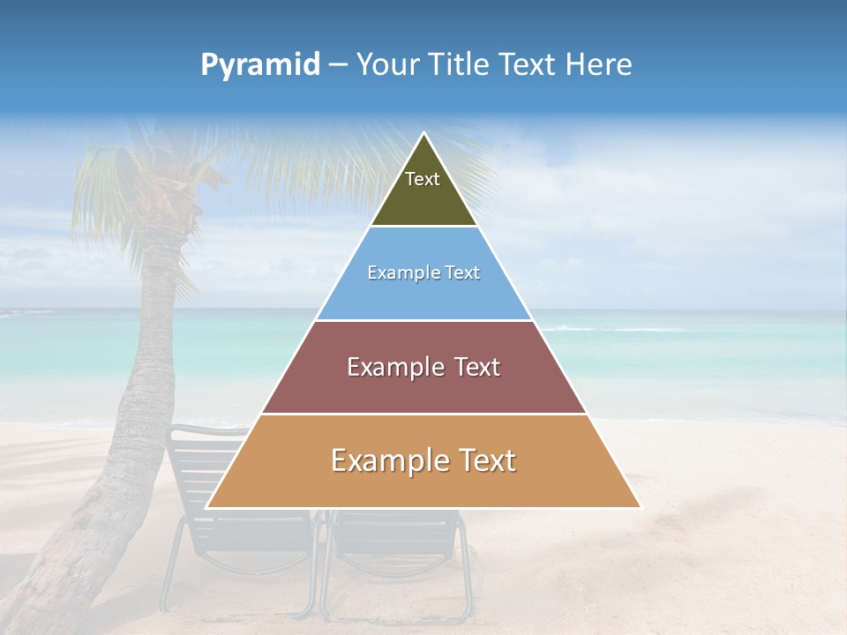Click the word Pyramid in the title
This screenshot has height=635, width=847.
(x=260, y=65)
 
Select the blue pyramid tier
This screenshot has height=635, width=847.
(x=423, y=295)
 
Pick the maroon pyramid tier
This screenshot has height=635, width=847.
(x=423, y=388)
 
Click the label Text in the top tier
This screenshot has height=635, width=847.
(x=423, y=179)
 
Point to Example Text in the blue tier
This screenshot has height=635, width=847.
(x=423, y=273)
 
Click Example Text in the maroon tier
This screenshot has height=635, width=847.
(x=423, y=367)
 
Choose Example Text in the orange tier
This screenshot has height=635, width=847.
(x=423, y=460)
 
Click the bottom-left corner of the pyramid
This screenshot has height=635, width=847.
(x=207, y=507)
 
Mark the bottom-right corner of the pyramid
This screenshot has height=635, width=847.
(x=640, y=507)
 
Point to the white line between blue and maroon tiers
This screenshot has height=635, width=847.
(x=423, y=320)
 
